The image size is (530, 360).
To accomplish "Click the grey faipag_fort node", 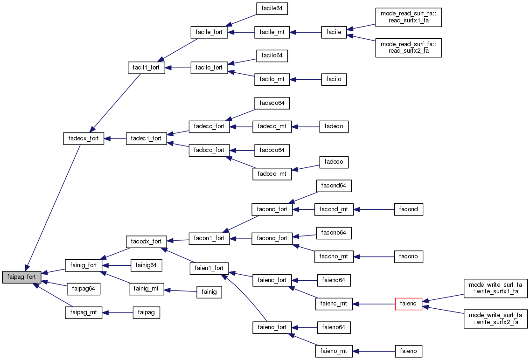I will point(21,277).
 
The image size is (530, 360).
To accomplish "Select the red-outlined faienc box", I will point(408,304).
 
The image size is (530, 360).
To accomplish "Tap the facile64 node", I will point(272,8).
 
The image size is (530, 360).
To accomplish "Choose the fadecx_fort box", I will point(84,138).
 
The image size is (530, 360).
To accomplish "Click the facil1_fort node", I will point(146,68).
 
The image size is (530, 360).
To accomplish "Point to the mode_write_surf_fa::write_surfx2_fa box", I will point(495,318).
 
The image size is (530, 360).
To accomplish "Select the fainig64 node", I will point(146,265).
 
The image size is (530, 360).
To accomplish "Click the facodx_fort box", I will point(146,242).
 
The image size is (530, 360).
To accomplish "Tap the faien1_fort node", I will point(209,268).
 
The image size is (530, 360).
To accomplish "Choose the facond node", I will point(409,209).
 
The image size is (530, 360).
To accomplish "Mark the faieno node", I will point(409,351).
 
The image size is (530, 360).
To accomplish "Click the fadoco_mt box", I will point(272,173).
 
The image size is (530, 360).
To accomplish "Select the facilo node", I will point(334,79).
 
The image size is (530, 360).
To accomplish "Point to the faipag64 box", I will point(84,289).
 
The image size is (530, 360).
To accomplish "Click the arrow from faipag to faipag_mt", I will point(118,313).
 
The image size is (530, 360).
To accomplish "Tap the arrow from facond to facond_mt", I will point(374,209).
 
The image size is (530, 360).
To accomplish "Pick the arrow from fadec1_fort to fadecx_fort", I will point(115,138).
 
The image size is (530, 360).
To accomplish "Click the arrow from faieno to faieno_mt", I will point(374,351).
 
